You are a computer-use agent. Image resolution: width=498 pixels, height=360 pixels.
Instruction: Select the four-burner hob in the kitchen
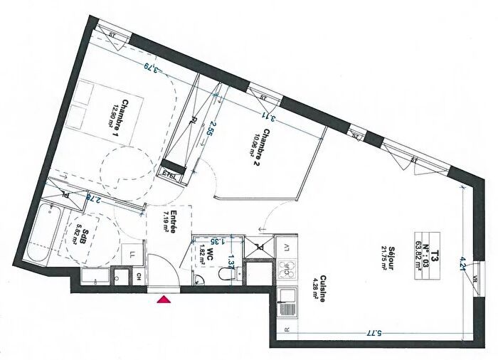[x=289, y=268]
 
